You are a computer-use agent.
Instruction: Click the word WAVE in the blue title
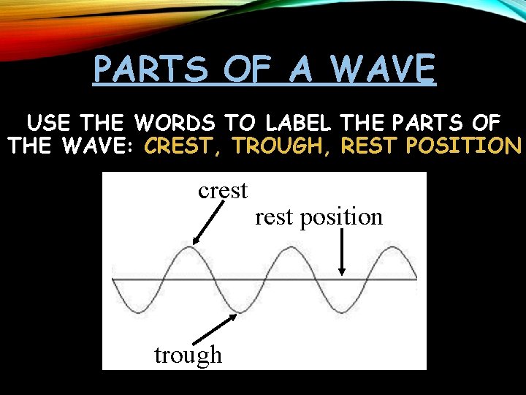click(x=383, y=70)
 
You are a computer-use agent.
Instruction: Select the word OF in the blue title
click(x=248, y=70)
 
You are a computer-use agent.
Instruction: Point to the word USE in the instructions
click(x=49, y=122)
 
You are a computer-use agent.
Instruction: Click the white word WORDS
click(x=181, y=122)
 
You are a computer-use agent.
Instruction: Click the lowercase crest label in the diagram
click(x=223, y=191)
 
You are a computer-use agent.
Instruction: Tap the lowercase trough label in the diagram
click(x=188, y=355)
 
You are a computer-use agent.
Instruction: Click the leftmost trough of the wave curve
click(x=137, y=312)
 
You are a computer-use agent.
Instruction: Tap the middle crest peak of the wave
click(x=291, y=247)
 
